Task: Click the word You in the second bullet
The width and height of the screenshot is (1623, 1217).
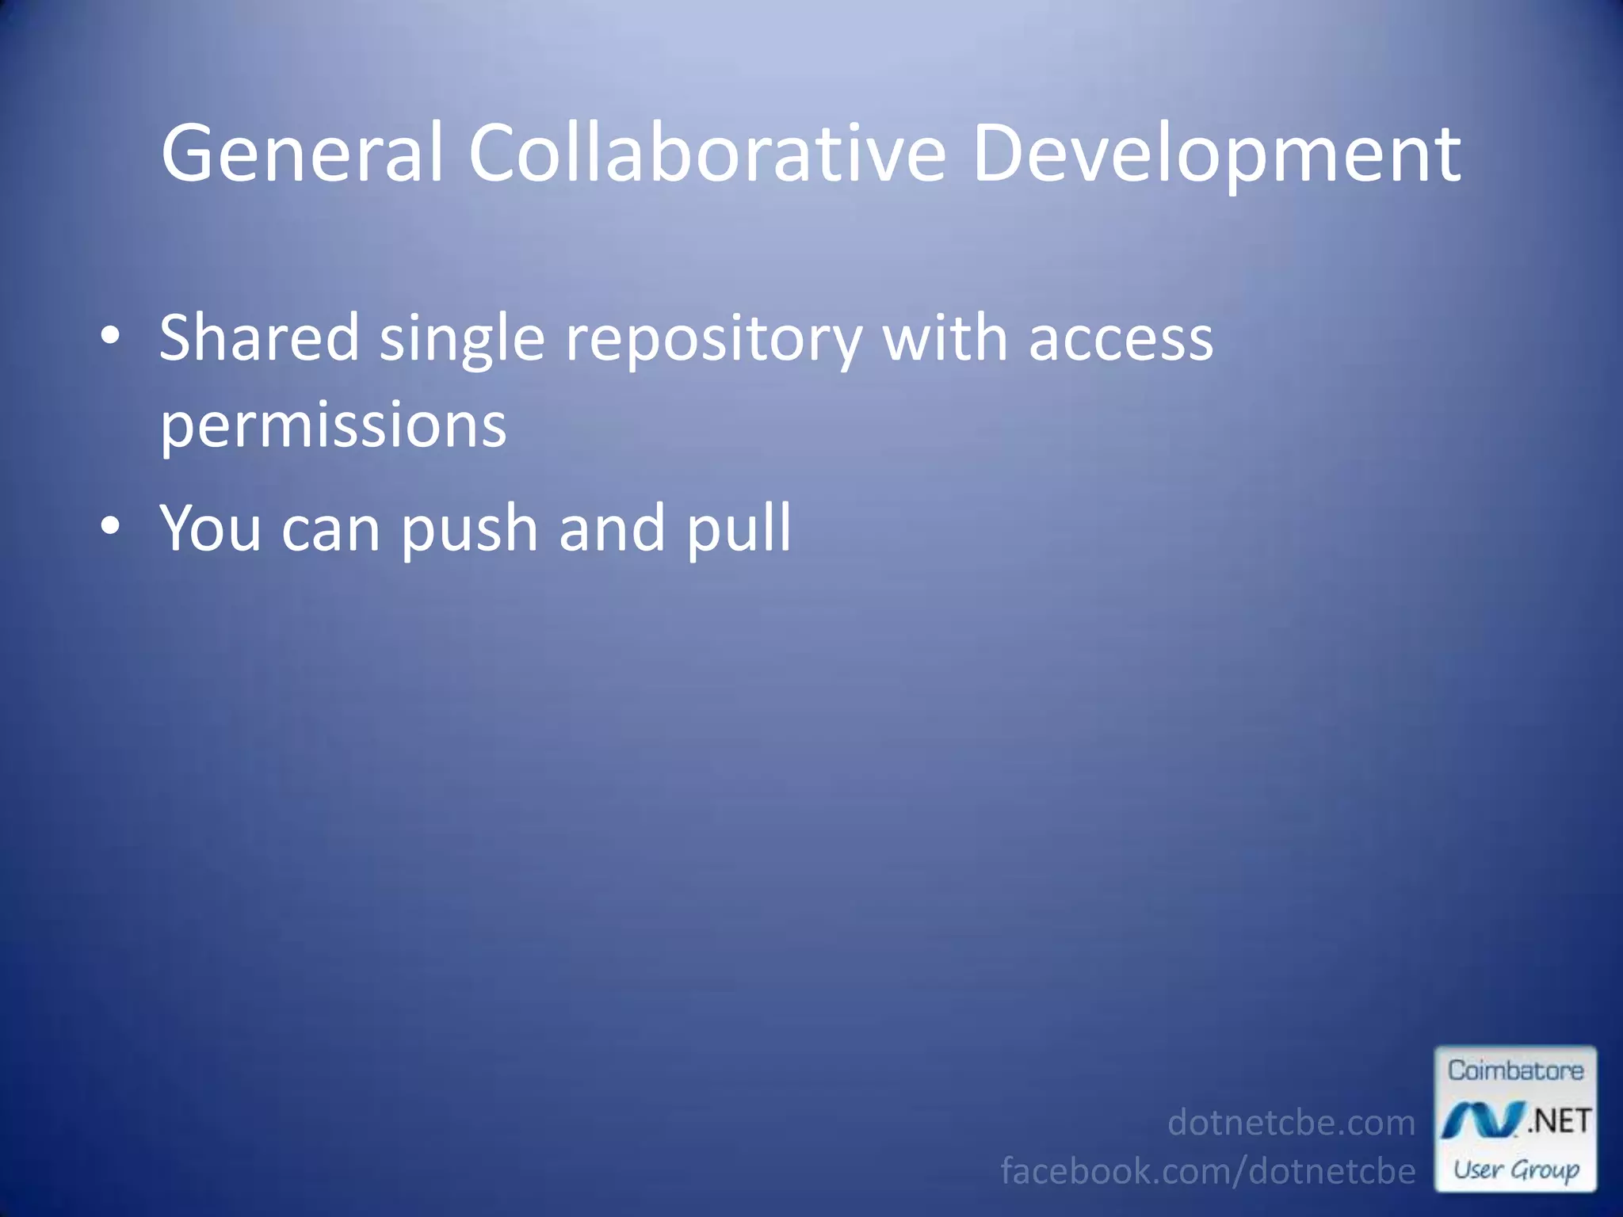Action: click(210, 528)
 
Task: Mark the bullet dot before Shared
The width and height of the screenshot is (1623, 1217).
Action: click(111, 336)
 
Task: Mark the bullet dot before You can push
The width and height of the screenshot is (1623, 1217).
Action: click(111, 525)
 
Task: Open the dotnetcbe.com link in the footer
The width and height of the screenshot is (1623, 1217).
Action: click(1291, 1123)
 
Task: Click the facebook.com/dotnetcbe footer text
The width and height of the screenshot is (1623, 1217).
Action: click(1208, 1171)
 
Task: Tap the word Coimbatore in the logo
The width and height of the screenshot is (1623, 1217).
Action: click(1515, 1070)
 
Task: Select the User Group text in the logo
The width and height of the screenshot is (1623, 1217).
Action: click(1516, 1169)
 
